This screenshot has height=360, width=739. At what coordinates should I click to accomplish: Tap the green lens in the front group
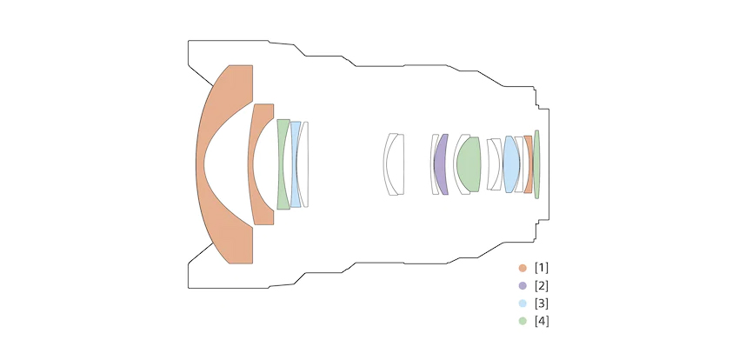point(282,164)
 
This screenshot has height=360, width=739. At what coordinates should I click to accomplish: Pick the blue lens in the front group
point(294,164)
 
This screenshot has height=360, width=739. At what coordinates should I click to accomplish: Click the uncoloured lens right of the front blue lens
point(304,164)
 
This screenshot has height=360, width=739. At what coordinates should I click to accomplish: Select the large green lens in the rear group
point(469,164)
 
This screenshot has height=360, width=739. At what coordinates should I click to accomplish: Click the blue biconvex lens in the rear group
point(511,164)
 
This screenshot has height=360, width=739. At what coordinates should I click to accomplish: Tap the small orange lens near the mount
point(529,164)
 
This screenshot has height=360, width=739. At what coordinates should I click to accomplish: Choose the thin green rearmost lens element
point(536,164)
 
